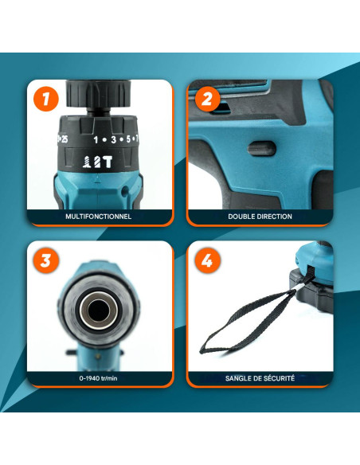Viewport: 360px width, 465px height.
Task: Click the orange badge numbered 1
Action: pos(46,99)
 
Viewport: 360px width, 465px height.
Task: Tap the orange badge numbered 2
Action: pos(207,99)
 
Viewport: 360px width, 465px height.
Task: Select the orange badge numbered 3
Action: pos(46,260)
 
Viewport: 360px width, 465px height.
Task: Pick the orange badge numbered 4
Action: pos(207,260)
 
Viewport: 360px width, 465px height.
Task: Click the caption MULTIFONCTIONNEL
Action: pos(99,217)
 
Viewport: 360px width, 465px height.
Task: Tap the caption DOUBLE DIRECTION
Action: pos(260,217)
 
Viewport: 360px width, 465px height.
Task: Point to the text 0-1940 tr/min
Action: pos(98,378)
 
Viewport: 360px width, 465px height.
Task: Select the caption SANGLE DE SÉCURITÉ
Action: pos(260,378)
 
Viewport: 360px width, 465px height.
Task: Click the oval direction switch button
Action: pos(262,148)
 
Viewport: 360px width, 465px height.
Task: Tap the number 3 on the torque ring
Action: pos(114,139)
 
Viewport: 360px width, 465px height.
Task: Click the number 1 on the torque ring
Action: pos(96,139)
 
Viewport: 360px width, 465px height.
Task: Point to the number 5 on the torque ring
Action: pos(128,139)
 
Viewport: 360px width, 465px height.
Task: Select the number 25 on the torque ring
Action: pos(64,139)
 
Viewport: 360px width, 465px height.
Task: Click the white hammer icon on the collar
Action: pos(108,162)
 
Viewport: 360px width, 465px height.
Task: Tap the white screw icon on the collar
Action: pos(87,162)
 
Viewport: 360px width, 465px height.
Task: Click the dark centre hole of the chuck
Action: pos(98,311)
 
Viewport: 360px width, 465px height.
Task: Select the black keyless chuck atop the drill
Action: pos(98,94)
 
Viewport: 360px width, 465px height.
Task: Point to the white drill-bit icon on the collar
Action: pos(97,162)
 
